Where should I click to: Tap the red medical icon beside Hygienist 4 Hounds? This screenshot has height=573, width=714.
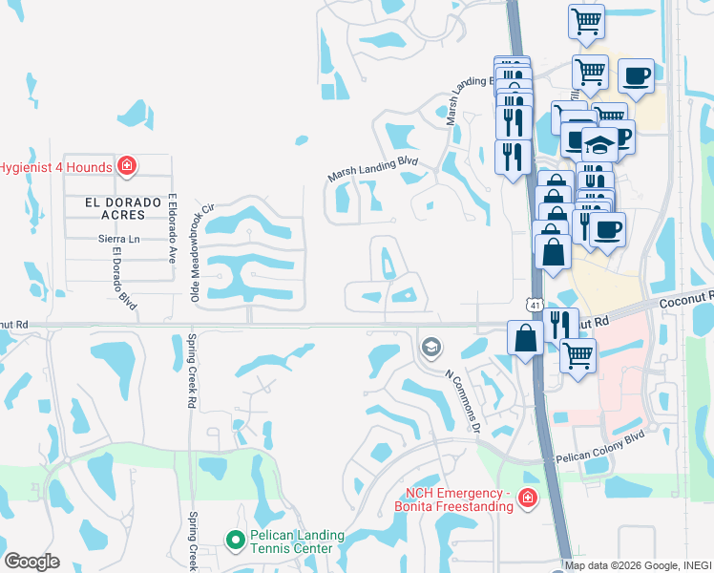click(x=126, y=167)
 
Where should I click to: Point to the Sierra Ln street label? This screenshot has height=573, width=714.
click(x=119, y=239)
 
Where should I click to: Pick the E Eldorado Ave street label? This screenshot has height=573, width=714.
click(x=173, y=229)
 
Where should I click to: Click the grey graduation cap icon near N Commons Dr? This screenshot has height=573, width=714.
click(x=431, y=346)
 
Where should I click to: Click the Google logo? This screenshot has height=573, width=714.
click(x=31, y=562)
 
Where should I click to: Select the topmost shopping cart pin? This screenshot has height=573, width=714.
click(x=585, y=20)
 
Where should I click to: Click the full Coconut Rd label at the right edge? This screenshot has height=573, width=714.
click(x=685, y=299)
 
